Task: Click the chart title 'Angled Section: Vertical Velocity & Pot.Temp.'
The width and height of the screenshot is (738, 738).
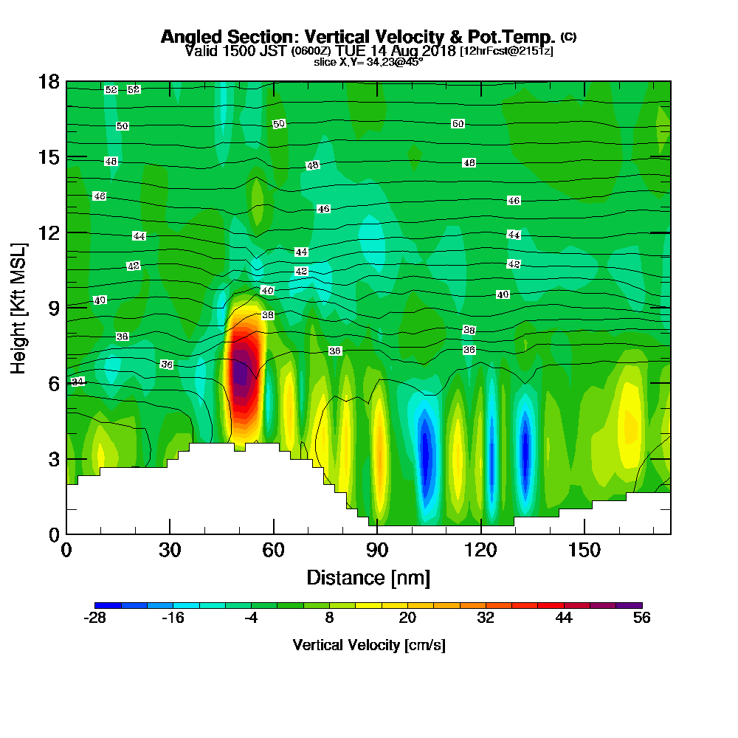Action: pyautogui.click(x=358, y=37)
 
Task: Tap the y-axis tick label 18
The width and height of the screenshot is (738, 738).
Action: pyautogui.click(x=49, y=82)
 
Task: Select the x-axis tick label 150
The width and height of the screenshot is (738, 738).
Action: pyautogui.click(x=584, y=550)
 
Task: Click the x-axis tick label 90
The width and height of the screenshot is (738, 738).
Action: pyautogui.click(x=377, y=550)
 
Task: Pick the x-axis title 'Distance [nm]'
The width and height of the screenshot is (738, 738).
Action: pyautogui.click(x=368, y=577)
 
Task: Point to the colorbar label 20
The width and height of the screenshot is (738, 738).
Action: pyautogui.click(x=407, y=618)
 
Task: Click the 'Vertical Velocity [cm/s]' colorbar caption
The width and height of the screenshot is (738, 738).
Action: pyautogui.click(x=368, y=645)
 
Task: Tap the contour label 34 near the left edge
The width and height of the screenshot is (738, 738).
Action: pyautogui.click(x=77, y=382)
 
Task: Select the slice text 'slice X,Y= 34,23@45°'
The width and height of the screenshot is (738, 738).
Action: pyautogui.click(x=368, y=62)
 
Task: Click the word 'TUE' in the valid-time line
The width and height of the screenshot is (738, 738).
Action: pyautogui.click(x=349, y=51)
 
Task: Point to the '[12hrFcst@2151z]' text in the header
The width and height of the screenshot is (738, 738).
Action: pyautogui.click(x=506, y=51)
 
